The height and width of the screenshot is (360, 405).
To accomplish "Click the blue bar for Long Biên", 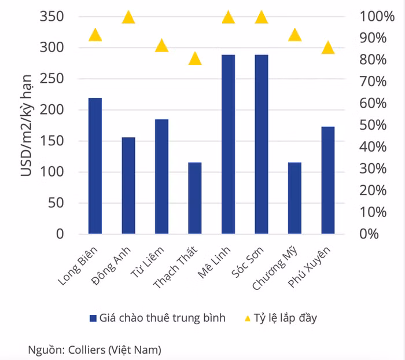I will pyautogui.click(x=95, y=166).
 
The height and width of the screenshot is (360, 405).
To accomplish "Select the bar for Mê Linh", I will pyautogui.click(x=228, y=145).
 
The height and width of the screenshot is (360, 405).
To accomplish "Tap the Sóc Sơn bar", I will pyautogui.click(x=262, y=145).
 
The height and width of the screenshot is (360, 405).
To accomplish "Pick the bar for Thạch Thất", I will pyautogui.click(x=195, y=198).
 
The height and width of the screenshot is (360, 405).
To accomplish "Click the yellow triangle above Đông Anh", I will pyautogui.click(x=128, y=17).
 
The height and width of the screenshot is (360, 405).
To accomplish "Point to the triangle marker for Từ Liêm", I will pyautogui.click(x=161, y=46).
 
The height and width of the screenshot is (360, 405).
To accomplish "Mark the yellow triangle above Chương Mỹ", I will pyautogui.click(x=294, y=35).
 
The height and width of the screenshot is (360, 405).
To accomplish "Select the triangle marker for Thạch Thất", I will pyautogui.click(x=195, y=58).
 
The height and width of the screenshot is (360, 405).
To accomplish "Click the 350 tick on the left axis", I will pyautogui.click(x=52, y=16).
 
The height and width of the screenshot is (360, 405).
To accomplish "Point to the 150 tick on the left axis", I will pyautogui.click(x=52, y=141).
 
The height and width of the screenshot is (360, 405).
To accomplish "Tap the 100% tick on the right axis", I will pyautogui.click(x=377, y=16).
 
